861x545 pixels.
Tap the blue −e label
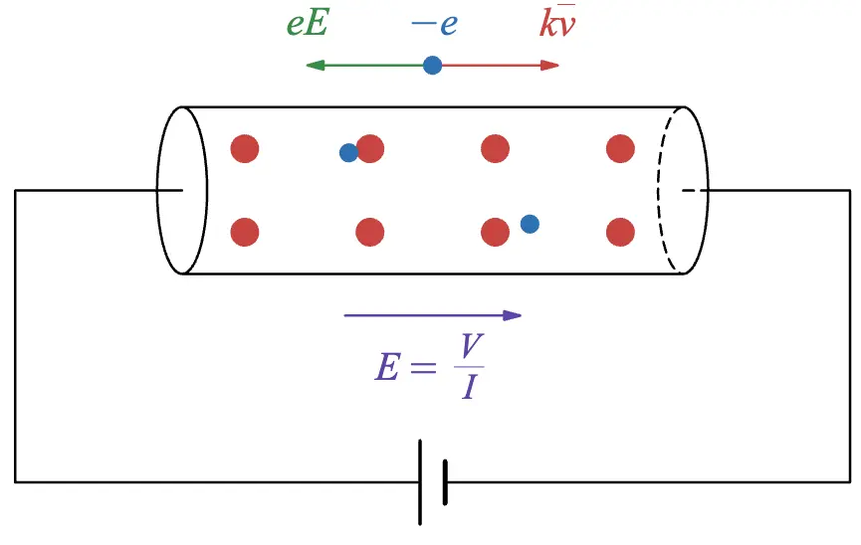(434, 23)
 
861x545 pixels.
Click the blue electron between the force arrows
(432, 66)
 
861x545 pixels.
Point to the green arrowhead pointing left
(315, 66)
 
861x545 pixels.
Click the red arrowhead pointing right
(550, 66)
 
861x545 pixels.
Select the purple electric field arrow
(432, 315)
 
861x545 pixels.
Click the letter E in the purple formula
(387, 369)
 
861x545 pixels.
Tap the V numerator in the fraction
(470, 347)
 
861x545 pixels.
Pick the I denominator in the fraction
(470, 387)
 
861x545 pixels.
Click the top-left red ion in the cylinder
(245, 149)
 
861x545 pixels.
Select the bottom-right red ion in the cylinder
(620, 233)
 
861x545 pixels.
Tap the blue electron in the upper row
(348, 153)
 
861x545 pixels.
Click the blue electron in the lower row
(530, 224)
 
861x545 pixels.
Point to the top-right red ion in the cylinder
(620, 149)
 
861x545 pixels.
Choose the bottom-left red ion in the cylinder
(245, 233)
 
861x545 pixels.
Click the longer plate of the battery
(421, 481)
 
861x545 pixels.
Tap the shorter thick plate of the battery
(444, 481)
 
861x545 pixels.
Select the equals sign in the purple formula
(423, 369)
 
